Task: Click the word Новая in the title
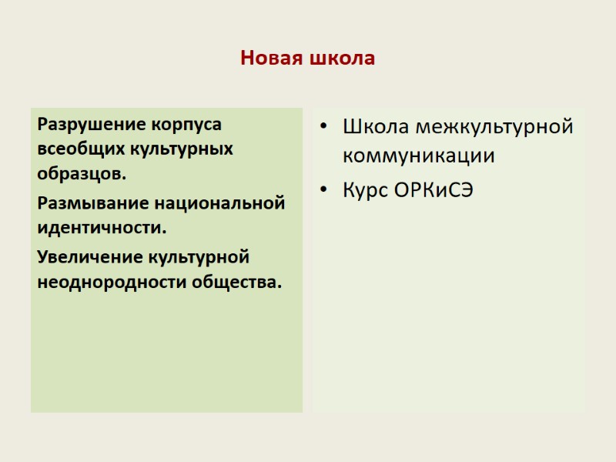(x=272, y=59)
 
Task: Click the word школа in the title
(x=341, y=59)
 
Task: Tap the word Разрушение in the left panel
(x=92, y=123)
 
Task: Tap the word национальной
(x=220, y=203)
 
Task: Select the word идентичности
(x=102, y=229)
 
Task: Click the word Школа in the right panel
(x=373, y=126)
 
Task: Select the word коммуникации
(x=418, y=156)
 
